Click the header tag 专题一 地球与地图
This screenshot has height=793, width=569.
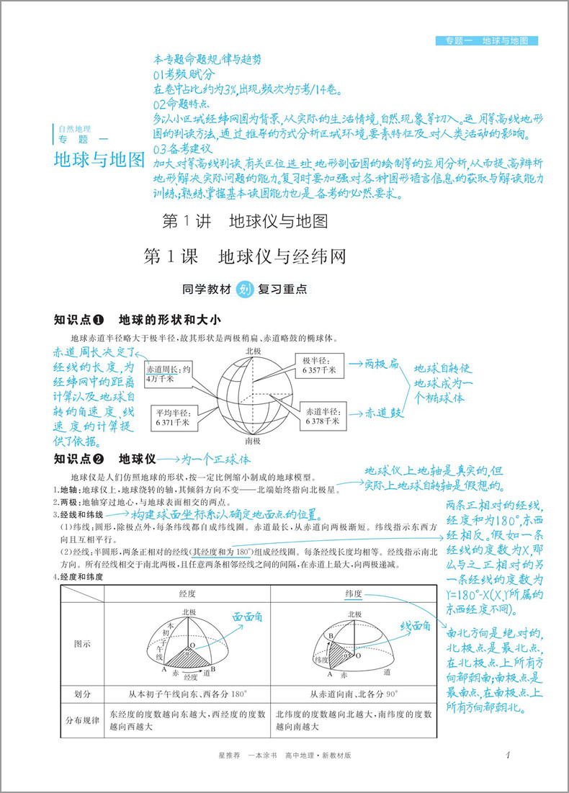pyautogui.click(x=487, y=41)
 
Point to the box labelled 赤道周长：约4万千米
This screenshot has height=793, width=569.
pyautogui.click(x=169, y=372)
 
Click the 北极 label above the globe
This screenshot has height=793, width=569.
pyautogui.click(x=254, y=351)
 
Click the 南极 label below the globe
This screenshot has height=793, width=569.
pyautogui.click(x=253, y=440)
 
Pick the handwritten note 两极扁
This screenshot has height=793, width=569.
pyautogui.click(x=382, y=364)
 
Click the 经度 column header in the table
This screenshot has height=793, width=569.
pyautogui.click(x=187, y=593)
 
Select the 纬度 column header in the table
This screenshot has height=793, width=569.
pyautogui.click(x=353, y=593)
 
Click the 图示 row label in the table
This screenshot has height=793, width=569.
pyautogui.click(x=83, y=644)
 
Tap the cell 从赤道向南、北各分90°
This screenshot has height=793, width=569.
pyautogui.click(x=354, y=694)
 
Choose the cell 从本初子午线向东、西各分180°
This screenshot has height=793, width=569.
pyautogui.click(x=188, y=694)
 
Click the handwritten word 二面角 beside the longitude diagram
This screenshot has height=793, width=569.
pyautogui.click(x=246, y=617)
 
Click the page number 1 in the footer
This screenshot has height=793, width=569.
pyautogui.click(x=508, y=755)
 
